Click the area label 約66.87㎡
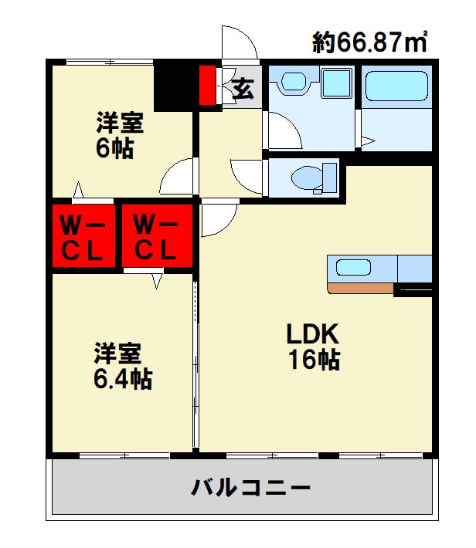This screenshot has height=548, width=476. pyautogui.click(x=370, y=42)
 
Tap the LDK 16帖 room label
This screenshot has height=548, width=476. pyautogui.click(x=313, y=347)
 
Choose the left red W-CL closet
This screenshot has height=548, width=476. pyautogui.click(x=83, y=235)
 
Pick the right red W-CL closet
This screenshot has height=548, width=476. pyautogui.click(x=155, y=235)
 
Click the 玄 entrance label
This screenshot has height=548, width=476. pyautogui.click(x=243, y=89)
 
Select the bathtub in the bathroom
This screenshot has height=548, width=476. pyautogui.click(x=396, y=90)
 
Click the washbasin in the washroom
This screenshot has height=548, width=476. pyautogui.click(x=293, y=82)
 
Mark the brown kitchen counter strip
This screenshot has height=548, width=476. pyautogui.click(x=361, y=289)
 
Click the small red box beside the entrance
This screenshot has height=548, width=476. pyautogui.click(x=208, y=86)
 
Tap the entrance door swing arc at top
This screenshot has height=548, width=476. pyautogui.click(x=240, y=42)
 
